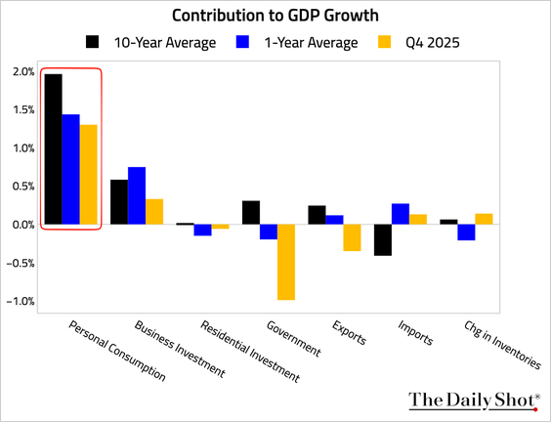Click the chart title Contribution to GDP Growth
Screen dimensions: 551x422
275,16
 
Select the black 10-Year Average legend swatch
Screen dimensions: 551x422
93,41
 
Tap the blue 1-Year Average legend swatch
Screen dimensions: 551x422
242,41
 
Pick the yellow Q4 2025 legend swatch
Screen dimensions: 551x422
385,41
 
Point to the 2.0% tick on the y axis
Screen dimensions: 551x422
23,72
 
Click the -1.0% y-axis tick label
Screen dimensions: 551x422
21,301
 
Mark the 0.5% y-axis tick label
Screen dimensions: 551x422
23,187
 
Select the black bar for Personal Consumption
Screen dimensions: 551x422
54,149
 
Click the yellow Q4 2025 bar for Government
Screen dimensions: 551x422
286,262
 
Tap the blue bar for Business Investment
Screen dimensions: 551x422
137,195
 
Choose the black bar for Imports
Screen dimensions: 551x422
383,240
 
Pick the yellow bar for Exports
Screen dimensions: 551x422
352,237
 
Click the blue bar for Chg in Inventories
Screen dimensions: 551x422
466,232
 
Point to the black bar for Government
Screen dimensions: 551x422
251,213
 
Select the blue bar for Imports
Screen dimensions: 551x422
401,214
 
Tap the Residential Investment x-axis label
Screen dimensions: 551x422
250,352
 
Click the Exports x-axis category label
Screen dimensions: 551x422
349,332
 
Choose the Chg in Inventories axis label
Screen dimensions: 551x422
502,345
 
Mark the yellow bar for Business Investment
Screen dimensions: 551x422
154,212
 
